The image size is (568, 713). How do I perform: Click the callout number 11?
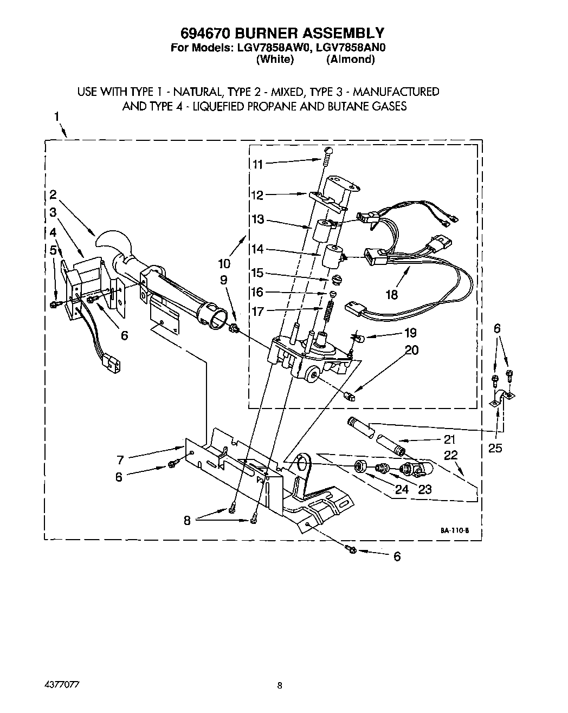(258, 164)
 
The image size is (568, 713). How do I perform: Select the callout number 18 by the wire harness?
(391, 294)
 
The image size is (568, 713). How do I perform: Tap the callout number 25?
(495, 448)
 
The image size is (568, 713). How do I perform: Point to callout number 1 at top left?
(57, 117)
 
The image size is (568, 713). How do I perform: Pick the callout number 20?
(411, 350)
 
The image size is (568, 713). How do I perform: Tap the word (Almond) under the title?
(350, 59)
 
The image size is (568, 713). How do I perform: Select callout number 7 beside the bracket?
(120, 461)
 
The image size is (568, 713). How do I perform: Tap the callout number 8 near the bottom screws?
(188, 521)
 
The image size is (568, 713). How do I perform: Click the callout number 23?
(424, 489)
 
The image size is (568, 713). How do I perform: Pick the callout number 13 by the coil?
(258, 219)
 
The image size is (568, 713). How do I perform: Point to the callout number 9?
(223, 280)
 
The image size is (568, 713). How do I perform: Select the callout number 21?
(449, 439)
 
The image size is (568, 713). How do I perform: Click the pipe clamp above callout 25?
(502, 400)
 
